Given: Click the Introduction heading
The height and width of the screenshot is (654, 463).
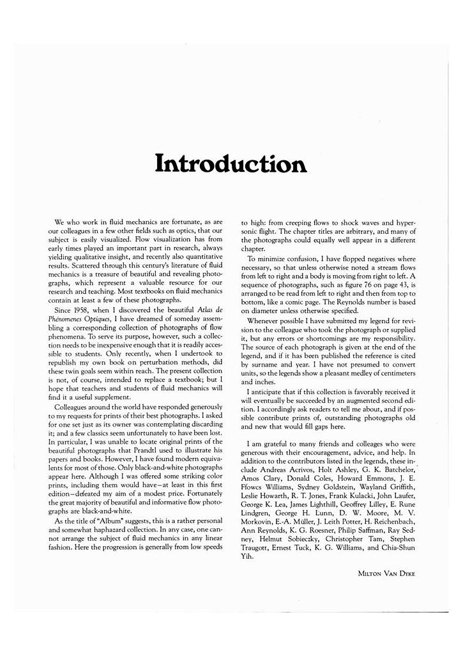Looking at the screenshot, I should pyautogui.click(x=231, y=163).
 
